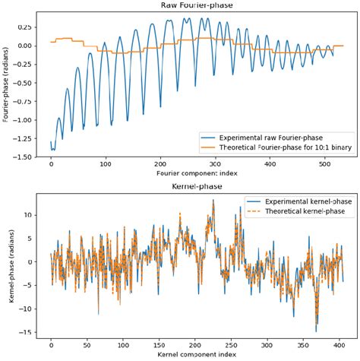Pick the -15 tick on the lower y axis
(33, 331)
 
